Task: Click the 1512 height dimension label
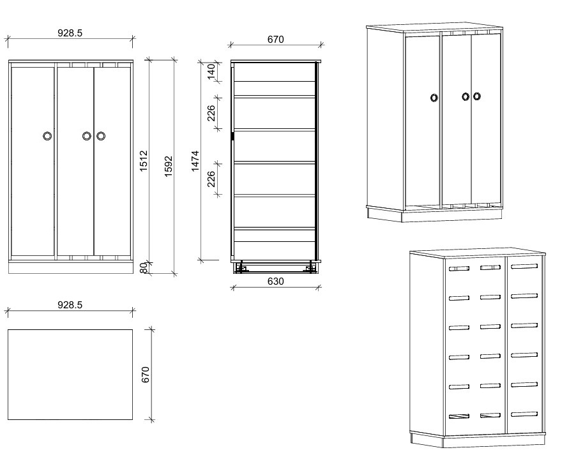[x=144, y=160]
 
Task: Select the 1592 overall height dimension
[x=168, y=166]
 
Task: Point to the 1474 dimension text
[x=195, y=161]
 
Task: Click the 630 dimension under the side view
[x=275, y=281]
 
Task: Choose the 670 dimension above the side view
[x=275, y=40]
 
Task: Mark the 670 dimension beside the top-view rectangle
[x=145, y=374]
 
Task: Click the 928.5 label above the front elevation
[x=70, y=33]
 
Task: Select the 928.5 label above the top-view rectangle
[x=70, y=305]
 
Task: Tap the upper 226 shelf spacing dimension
[x=211, y=113]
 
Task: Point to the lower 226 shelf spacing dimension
[x=211, y=179]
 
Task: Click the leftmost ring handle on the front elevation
[x=47, y=136]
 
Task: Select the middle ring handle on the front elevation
[x=87, y=136]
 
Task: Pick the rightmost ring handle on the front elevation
[x=101, y=136]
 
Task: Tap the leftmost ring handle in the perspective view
[x=434, y=98]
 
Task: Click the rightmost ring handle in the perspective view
[x=476, y=97]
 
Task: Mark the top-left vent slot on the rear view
[x=459, y=269]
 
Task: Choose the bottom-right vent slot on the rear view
[x=524, y=414]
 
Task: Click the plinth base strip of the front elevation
[x=70, y=267]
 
